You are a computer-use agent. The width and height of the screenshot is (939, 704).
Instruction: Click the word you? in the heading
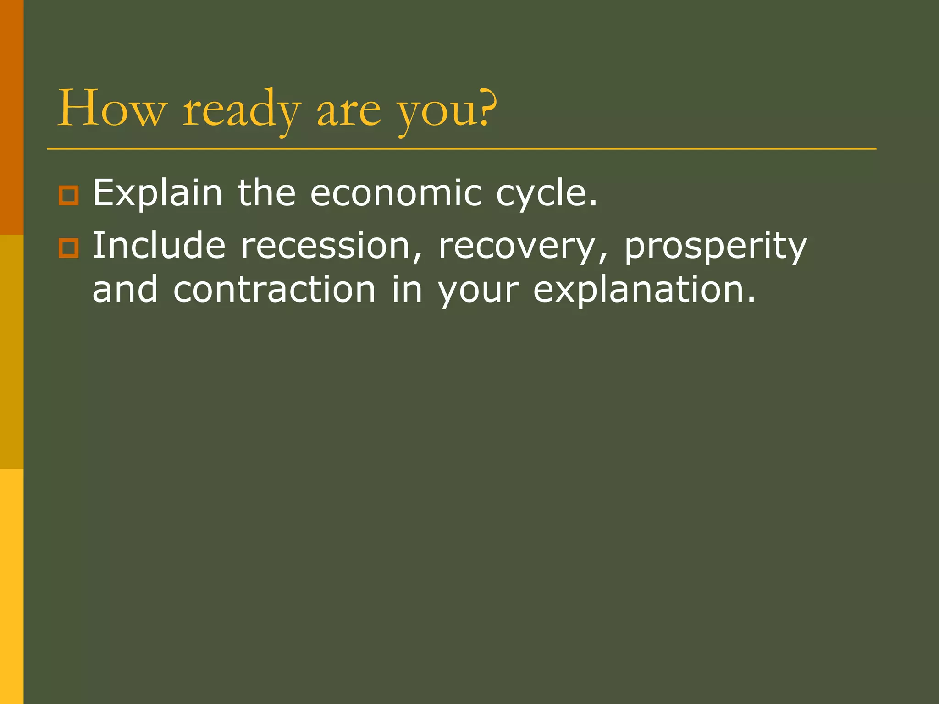click(447, 110)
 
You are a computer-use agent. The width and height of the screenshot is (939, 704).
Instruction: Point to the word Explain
click(157, 193)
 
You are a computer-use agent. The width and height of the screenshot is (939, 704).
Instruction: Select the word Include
click(159, 246)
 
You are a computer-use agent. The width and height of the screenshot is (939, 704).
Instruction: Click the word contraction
click(275, 290)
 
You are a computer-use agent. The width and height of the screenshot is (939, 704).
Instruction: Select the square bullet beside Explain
click(69, 196)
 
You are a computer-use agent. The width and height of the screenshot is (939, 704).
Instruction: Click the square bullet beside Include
click(69, 248)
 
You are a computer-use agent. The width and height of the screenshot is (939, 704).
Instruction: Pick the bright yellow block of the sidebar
click(11, 587)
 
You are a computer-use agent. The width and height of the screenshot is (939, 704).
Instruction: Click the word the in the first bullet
click(266, 193)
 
